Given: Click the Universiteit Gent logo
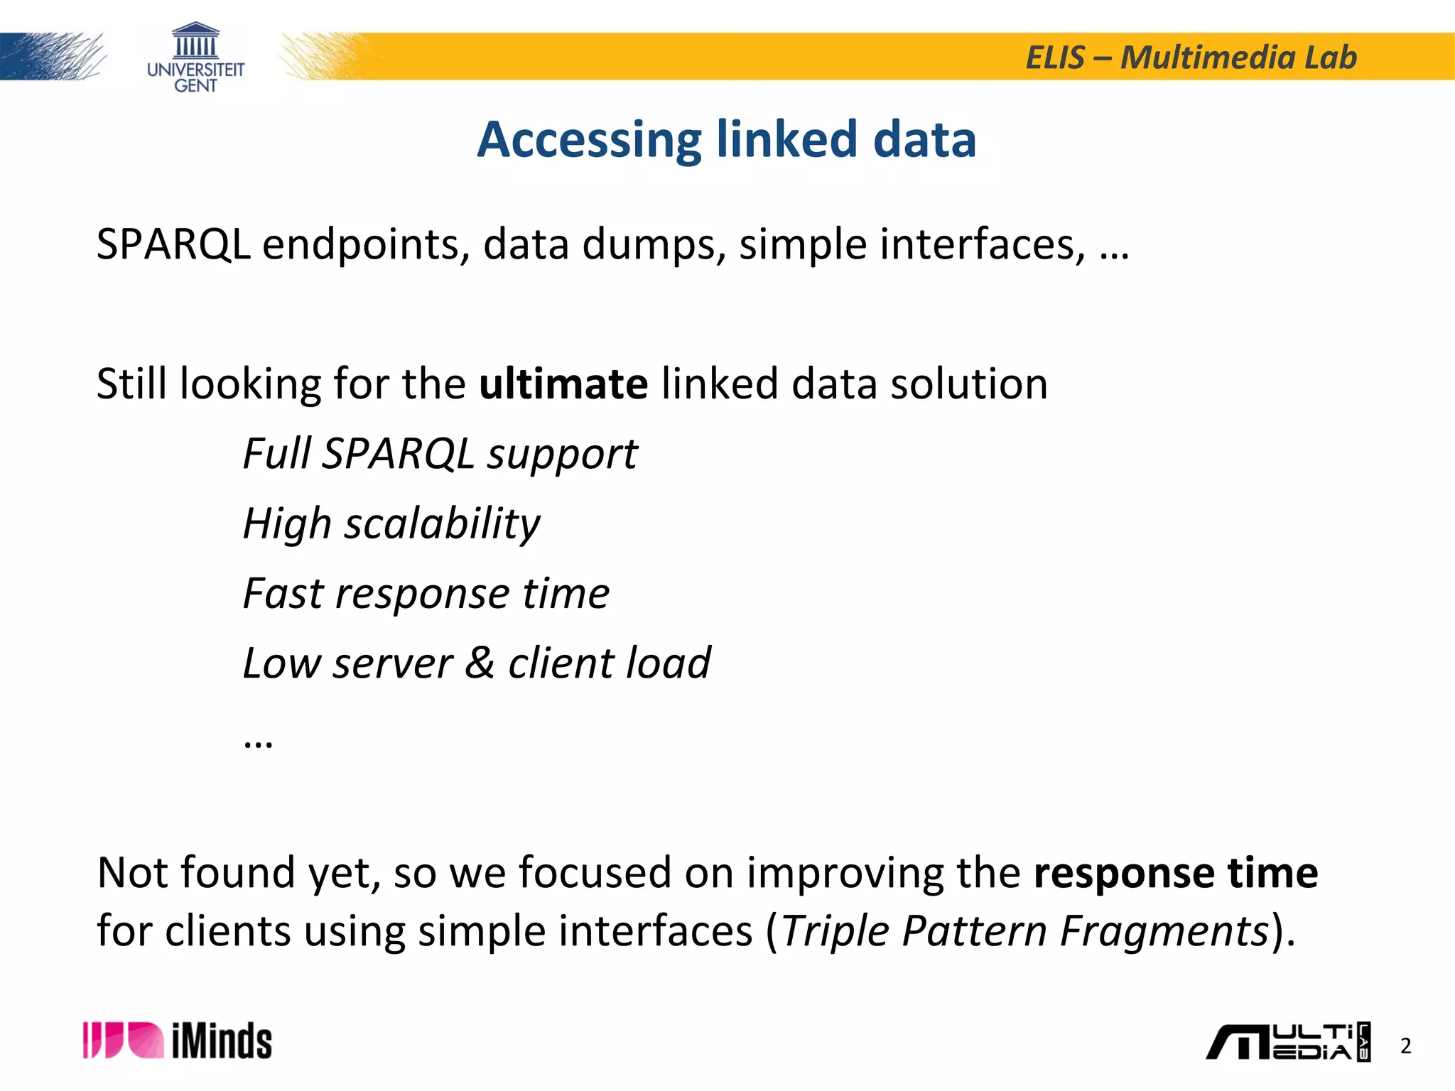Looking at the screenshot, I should (x=195, y=58).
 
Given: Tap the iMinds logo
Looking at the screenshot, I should (x=178, y=1041).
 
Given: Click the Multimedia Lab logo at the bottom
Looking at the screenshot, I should (x=1287, y=1042).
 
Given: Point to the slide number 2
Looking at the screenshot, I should (x=1405, y=1046).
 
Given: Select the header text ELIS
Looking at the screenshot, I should (x=1055, y=58).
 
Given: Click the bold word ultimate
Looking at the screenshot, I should (x=563, y=384).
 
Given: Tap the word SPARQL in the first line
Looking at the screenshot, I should (x=173, y=244).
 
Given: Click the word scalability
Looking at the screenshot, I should (x=442, y=524).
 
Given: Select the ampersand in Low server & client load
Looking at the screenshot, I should (x=480, y=663).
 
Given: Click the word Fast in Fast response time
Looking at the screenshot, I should (x=283, y=593).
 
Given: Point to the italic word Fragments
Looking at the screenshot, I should (x=1164, y=930).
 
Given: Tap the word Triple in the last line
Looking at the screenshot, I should (x=835, y=930).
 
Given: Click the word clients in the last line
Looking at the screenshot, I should (x=227, y=930).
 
